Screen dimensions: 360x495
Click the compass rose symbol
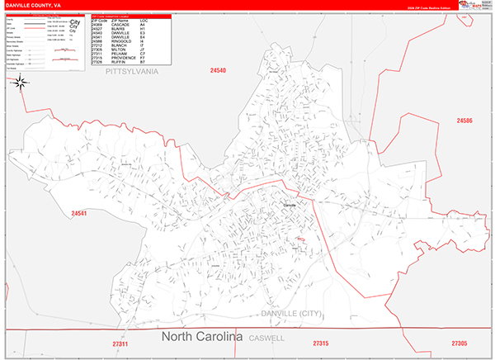click(x=21, y=82)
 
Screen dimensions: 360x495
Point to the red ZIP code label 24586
click(x=465, y=121)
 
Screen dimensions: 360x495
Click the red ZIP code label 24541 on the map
click(x=79, y=214)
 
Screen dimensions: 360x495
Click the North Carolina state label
click(x=202, y=337)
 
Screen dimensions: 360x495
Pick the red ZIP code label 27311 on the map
click(x=120, y=343)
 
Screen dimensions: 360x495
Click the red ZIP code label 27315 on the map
click(x=320, y=343)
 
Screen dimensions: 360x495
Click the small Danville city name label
click(x=290, y=205)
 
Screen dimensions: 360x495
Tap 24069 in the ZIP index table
click(x=97, y=23)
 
